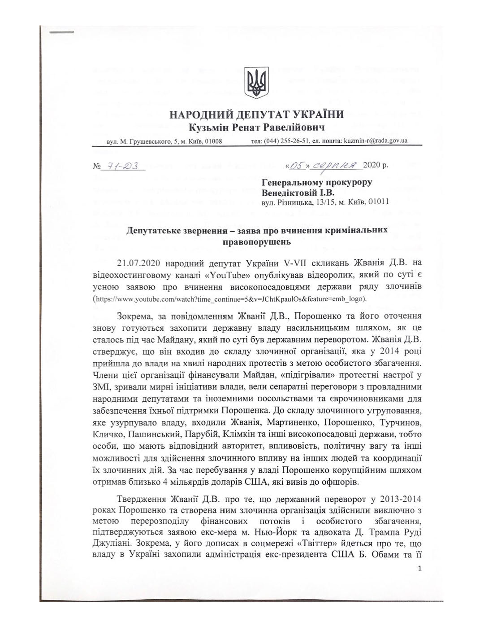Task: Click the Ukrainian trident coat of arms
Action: pyautogui.click(x=256, y=83)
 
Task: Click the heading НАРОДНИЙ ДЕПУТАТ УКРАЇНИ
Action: pyautogui.click(x=257, y=115)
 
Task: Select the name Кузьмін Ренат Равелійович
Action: pyautogui.click(x=256, y=127)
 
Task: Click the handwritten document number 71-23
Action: pyautogui.click(x=121, y=166)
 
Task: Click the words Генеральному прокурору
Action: pyautogui.click(x=316, y=182)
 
